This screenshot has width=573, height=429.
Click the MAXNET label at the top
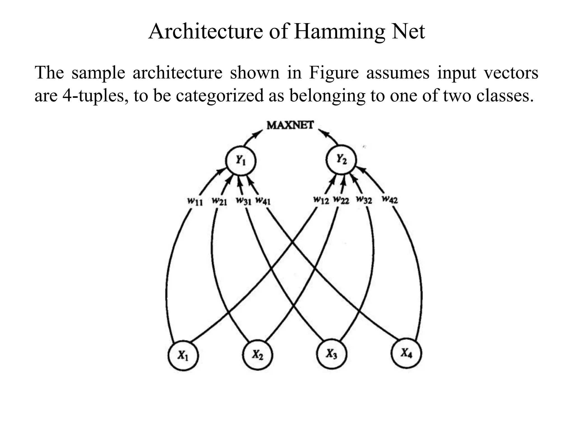290,125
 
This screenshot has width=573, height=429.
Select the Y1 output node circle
241,161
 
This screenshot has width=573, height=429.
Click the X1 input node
183,355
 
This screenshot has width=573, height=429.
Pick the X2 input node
257,355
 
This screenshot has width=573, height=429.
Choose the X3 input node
332,354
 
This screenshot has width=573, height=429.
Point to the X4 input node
406,353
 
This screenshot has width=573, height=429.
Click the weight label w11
195,201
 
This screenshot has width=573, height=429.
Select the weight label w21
219,201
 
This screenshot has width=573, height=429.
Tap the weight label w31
244,201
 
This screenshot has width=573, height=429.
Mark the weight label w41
263,201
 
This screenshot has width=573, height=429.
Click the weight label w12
321,200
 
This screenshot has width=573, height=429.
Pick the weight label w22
341,200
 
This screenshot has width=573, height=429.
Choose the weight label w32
364,200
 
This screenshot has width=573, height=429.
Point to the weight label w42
390,199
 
